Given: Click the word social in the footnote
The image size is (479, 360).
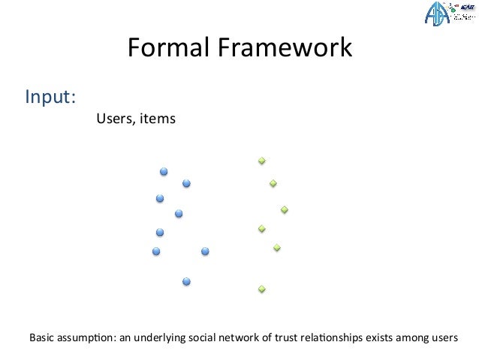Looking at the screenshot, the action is (200, 337).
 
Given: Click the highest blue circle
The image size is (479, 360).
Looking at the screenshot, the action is (164, 172).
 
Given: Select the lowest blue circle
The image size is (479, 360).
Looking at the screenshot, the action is (186, 281).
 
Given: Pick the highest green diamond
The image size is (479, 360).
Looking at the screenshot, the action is (262, 161).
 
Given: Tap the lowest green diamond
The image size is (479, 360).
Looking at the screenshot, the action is (262, 289).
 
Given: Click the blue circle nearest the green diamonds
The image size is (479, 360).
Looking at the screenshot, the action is (205, 251).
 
